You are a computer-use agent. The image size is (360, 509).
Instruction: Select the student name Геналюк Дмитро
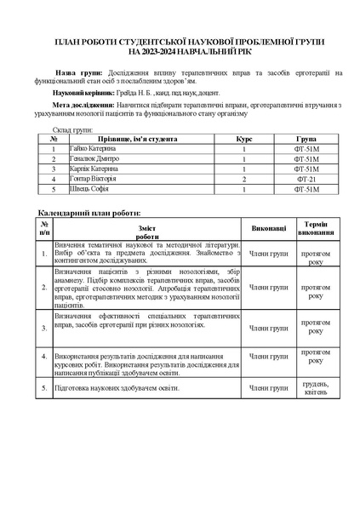coord(95,159)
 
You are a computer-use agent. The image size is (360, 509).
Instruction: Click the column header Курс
coord(243,138)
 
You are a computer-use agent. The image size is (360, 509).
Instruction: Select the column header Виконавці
coord(268,228)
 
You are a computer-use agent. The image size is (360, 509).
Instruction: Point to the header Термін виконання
coord(316,228)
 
